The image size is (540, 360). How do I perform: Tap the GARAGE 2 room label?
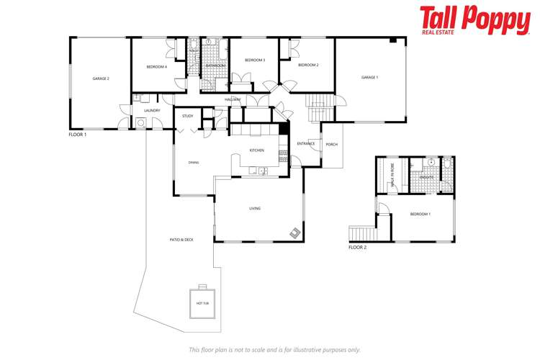click(100, 78)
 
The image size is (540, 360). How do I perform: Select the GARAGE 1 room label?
click(369, 77)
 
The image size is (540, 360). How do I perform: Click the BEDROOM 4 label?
click(156, 66)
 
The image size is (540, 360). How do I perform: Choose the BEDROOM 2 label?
click(308, 65)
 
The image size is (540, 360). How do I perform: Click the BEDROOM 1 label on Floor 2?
click(420, 214)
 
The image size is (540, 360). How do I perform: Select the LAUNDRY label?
click(152, 110)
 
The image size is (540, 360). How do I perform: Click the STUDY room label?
click(187, 116)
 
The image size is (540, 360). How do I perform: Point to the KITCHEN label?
click(256, 150)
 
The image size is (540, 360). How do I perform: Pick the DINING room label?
click(194, 163)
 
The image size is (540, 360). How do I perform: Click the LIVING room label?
click(255, 209)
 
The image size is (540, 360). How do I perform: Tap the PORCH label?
click(331, 145)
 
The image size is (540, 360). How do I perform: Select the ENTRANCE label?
click(306, 143)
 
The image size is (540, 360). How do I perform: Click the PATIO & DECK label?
click(181, 240)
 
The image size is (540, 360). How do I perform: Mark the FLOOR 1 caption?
click(77, 135)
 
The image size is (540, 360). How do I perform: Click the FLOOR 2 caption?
click(357, 247)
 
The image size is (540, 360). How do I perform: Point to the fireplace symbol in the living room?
click(295, 233)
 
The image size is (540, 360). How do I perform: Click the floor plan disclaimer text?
click(274, 349)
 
